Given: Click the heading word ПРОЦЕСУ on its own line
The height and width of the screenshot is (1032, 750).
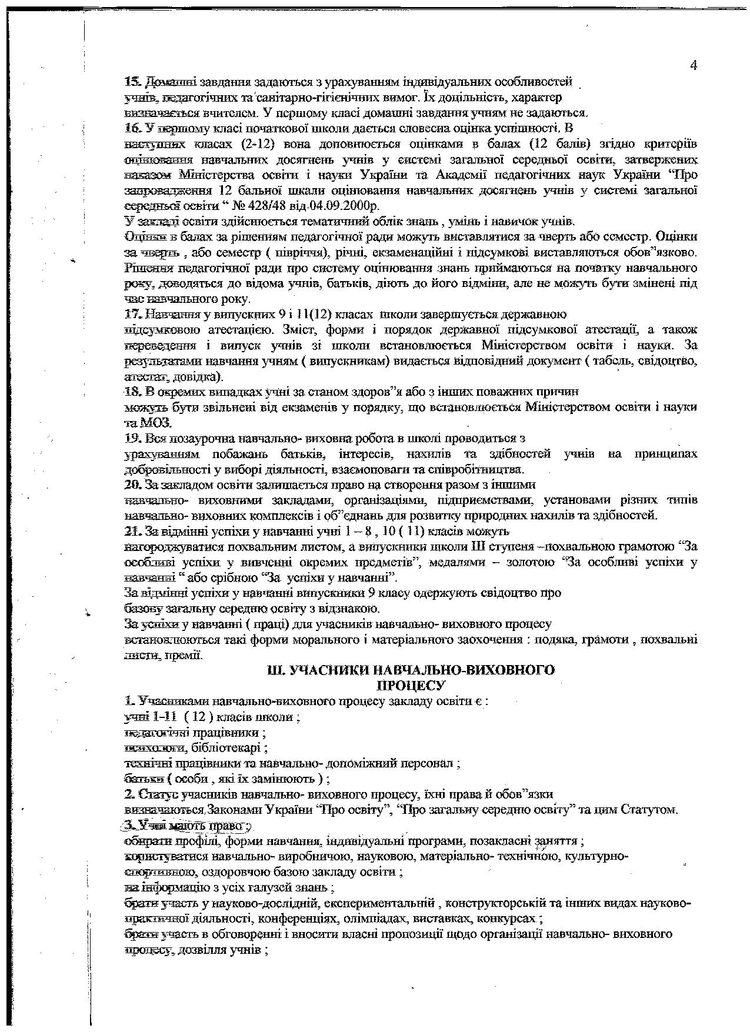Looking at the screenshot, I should click(x=411, y=685).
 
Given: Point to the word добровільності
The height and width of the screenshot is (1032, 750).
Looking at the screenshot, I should click(x=171, y=469).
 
